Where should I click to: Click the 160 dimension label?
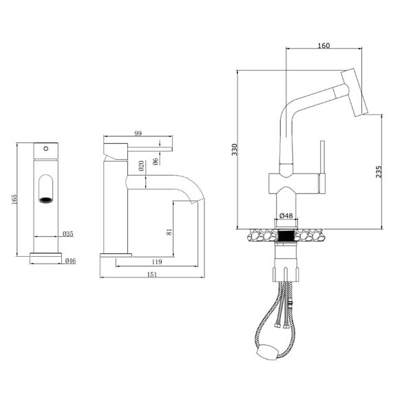click(x=324, y=45)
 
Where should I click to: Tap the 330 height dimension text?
click(x=235, y=149)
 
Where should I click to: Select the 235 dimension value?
click(x=379, y=171)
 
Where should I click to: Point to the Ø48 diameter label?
click(x=286, y=215)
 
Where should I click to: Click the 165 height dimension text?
click(x=14, y=199)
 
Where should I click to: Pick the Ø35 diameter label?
click(x=68, y=233)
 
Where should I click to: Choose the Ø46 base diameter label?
click(x=70, y=261)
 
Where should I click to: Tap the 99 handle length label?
click(x=138, y=134)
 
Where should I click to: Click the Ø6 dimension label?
click(x=156, y=162)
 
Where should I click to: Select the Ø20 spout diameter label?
click(x=141, y=166)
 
